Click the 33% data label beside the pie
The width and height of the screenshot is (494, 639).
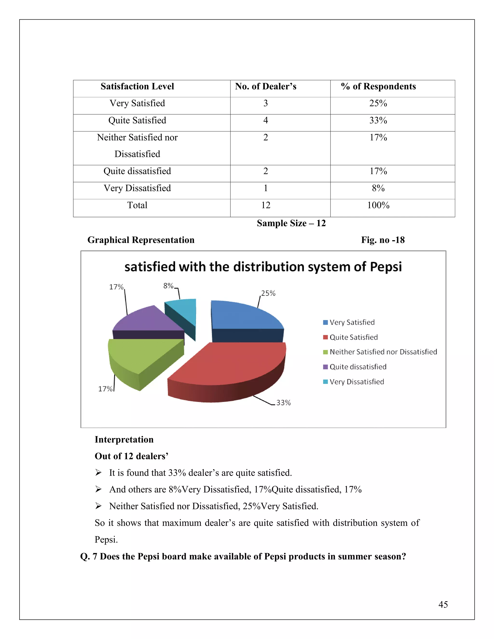tap(283, 403)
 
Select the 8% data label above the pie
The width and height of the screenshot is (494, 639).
tap(168, 286)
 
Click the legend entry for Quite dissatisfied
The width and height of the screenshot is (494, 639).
tap(358, 367)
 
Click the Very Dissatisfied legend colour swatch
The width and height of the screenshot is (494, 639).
tap(325, 382)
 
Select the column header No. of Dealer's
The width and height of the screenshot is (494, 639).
tap(265, 86)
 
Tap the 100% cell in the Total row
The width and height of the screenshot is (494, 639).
tap(378, 205)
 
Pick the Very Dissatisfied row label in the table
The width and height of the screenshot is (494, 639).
tap(137, 188)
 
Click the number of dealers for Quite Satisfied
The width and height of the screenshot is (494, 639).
tap(265, 120)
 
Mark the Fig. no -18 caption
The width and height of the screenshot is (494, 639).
tap(383, 240)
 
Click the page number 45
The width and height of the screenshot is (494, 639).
tap(443, 605)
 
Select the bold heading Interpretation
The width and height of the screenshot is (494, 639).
tap(124, 439)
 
